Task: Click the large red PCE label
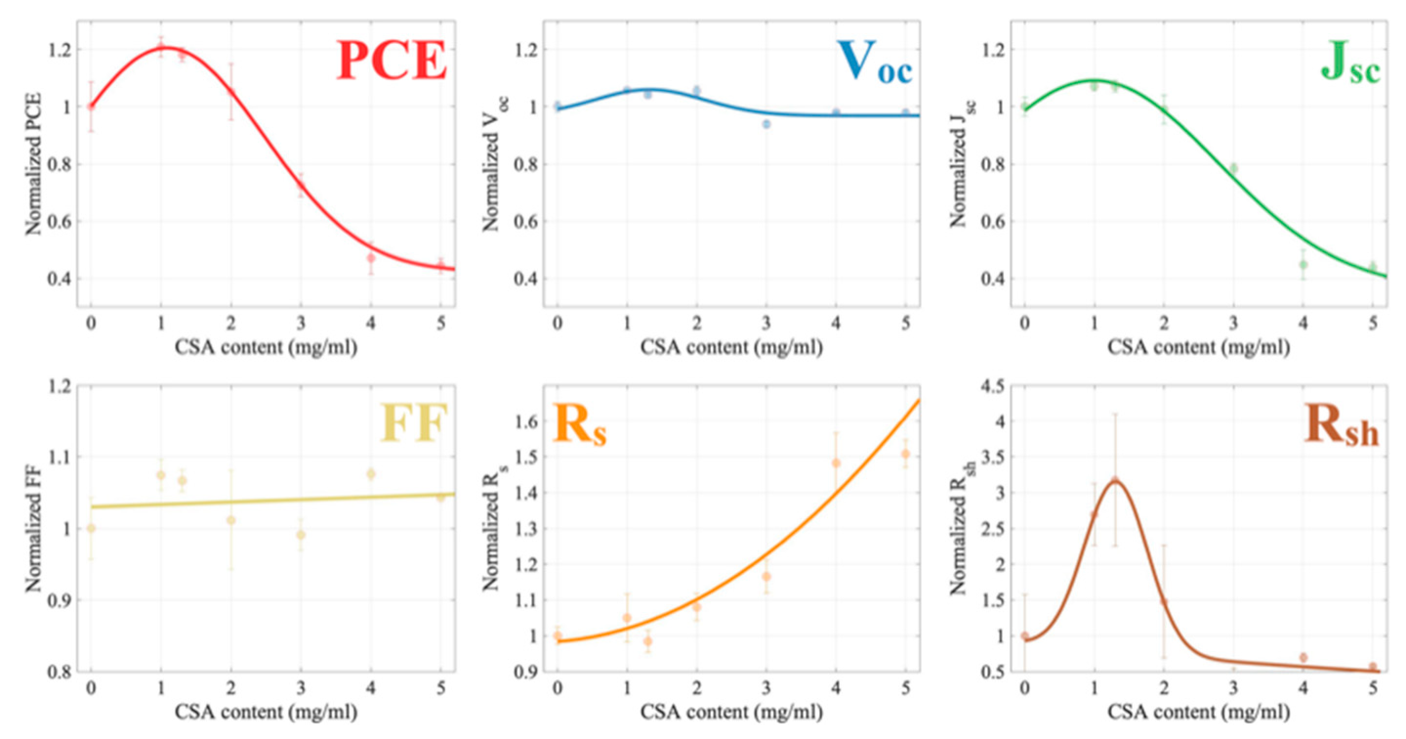(x=392, y=61)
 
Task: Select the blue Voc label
(x=874, y=64)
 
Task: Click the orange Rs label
(x=579, y=425)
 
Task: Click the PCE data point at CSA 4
(x=371, y=258)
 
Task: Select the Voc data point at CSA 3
(x=766, y=124)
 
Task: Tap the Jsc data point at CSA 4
(x=1303, y=264)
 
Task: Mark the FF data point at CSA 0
(x=91, y=528)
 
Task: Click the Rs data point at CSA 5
(x=906, y=453)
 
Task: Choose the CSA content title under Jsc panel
(x=1199, y=347)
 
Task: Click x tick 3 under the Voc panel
(x=766, y=323)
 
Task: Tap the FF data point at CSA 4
(x=371, y=474)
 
